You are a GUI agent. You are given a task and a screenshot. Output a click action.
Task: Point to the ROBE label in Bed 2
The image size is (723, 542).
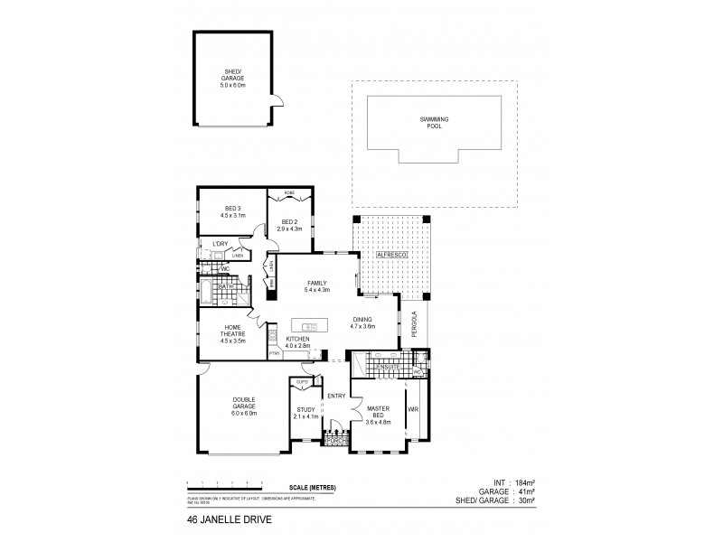tap(289, 193)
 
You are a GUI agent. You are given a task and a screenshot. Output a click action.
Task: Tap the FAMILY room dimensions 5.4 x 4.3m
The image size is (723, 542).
tap(316, 290)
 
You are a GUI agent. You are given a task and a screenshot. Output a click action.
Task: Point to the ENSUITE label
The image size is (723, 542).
tap(390, 368)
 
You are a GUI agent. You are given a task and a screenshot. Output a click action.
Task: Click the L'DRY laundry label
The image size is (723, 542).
tap(219, 245)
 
